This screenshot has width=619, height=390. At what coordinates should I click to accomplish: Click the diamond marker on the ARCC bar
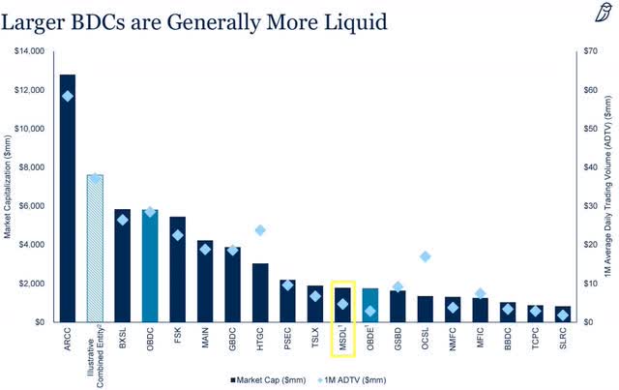click(68, 96)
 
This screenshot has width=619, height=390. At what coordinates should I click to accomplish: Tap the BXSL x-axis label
click(123, 339)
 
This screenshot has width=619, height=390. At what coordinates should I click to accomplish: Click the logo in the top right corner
click(603, 12)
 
